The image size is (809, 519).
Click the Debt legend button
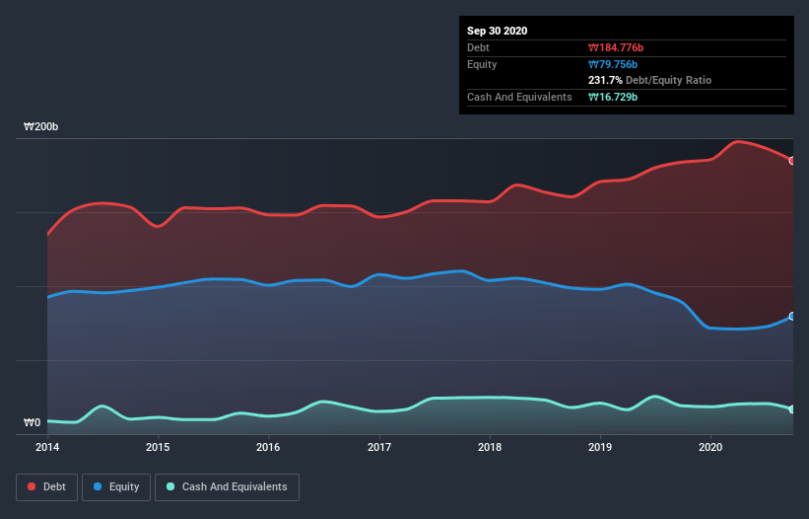coord(44,486)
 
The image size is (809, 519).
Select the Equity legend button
coord(116,486)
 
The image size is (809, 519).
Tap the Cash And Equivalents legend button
coord(227,486)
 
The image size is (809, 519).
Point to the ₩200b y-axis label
coord(41,127)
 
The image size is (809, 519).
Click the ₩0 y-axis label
coord(33,423)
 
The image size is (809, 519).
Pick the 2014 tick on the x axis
coord(47,447)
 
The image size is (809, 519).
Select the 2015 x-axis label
coord(158,447)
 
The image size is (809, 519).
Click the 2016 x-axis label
coord(268,447)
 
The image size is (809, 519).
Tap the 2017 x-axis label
coord(378,447)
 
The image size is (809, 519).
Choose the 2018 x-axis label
coord(490,447)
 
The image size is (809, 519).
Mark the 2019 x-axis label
coord(600,447)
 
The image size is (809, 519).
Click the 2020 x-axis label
coord(710,447)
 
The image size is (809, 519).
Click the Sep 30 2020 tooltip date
coord(498,31)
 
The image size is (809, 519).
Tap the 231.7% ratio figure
coord(606,80)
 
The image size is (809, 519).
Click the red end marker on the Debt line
coord(792,161)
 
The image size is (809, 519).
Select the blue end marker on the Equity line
coord(792,317)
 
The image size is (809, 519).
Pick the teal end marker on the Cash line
coord(792,409)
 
